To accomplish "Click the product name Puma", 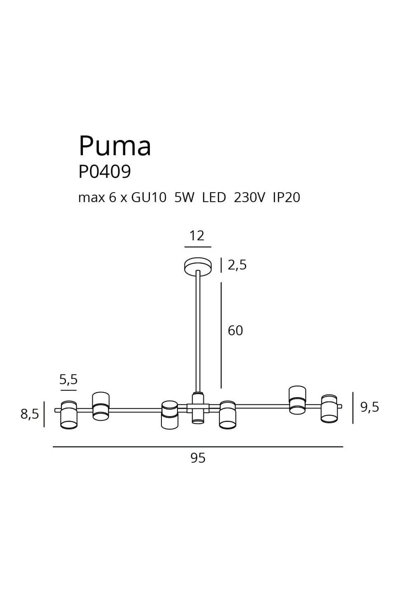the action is pos(115,146).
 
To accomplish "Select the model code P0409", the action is pos(105,171).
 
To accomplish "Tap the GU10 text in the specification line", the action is pos(149,198).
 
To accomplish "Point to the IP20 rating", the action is pos(286,198).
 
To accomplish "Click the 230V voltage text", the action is pos(249,198).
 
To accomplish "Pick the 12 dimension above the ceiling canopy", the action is pos(197,236).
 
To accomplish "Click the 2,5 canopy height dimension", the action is pos(237,265).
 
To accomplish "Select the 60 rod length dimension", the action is pos(235,331).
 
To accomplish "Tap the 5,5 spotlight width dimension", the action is pos(68,379).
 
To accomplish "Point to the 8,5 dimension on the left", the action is pos(30,414).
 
